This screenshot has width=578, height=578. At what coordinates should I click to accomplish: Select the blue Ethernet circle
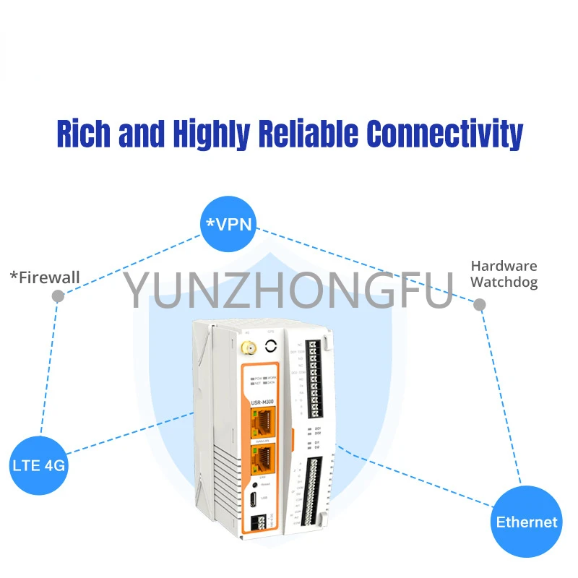[527, 521]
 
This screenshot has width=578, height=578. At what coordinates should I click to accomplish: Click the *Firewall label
[45, 277]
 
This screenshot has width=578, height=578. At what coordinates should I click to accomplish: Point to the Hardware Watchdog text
[504, 274]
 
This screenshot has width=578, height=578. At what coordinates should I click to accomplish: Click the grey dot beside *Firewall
[59, 296]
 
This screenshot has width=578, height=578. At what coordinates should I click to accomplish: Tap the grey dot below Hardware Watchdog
[480, 305]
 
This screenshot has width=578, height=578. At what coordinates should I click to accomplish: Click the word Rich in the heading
[84, 134]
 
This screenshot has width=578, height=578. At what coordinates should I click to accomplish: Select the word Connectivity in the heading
[444, 134]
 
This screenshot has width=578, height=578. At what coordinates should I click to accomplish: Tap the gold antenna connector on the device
[245, 353]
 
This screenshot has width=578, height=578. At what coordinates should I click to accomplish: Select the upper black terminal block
[313, 379]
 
